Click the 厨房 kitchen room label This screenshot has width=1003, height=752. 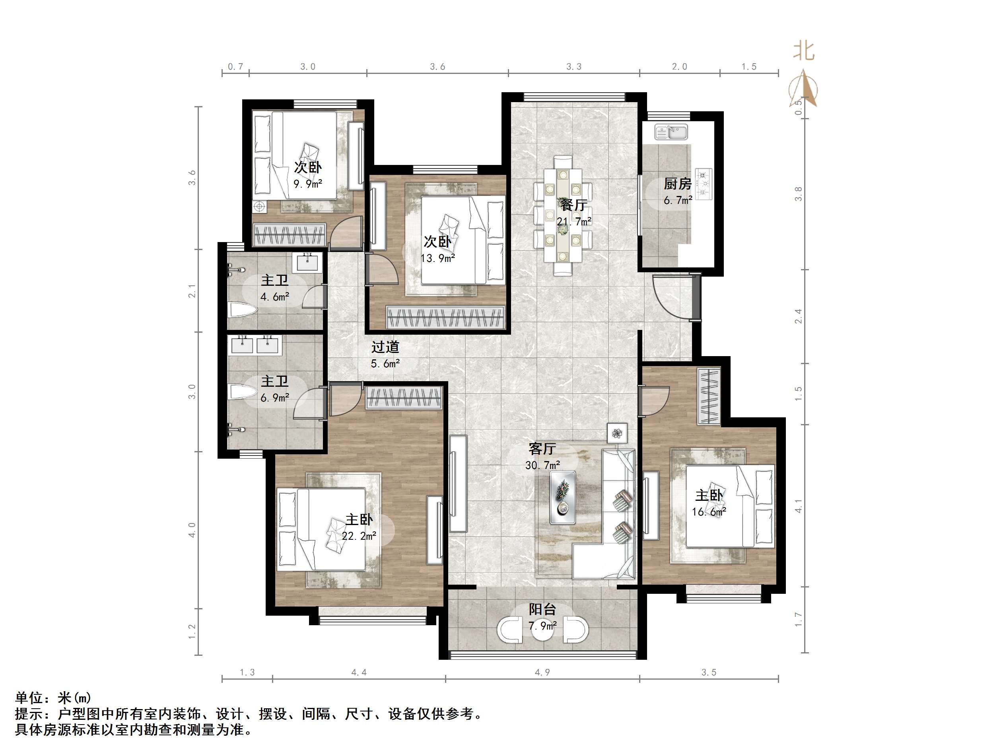[x=677, y=184]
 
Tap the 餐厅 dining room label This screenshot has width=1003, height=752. [x=573, y=205]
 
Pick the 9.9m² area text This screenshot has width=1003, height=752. [x=307, y=184]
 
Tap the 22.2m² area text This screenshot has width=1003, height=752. [x=359, y=536]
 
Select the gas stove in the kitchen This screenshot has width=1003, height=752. [x=704, y=184]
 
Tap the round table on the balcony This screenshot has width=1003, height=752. [x=542, y=630]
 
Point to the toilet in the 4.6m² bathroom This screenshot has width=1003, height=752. [x=243, y=310]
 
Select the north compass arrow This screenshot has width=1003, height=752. [x=803, y=88]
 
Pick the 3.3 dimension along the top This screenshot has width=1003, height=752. [x=573, y=67]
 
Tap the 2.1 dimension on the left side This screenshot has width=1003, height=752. [x=192, y=291]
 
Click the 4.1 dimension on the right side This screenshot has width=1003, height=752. [x=798, y=506]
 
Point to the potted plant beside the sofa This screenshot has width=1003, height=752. [x=617, y=433]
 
